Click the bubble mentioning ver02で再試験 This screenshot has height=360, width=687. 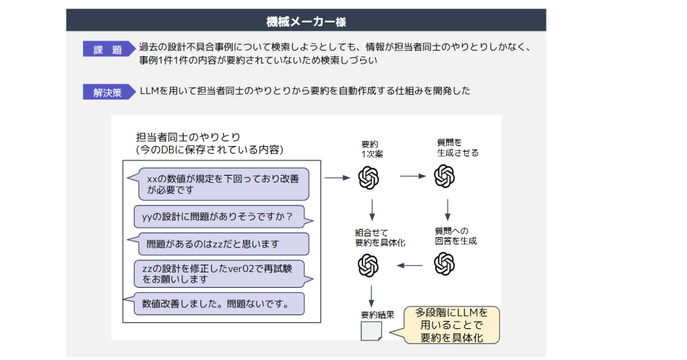click(x=218, y=273)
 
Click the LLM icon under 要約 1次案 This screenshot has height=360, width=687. click(x=369, y=176)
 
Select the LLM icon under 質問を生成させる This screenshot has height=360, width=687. click(x=444, y=176)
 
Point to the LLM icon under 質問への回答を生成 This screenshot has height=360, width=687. click(x=444, y=265)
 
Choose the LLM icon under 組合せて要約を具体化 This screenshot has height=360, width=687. click(x=369, y=265)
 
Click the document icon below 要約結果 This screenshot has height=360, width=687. click(x=370, y=331)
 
